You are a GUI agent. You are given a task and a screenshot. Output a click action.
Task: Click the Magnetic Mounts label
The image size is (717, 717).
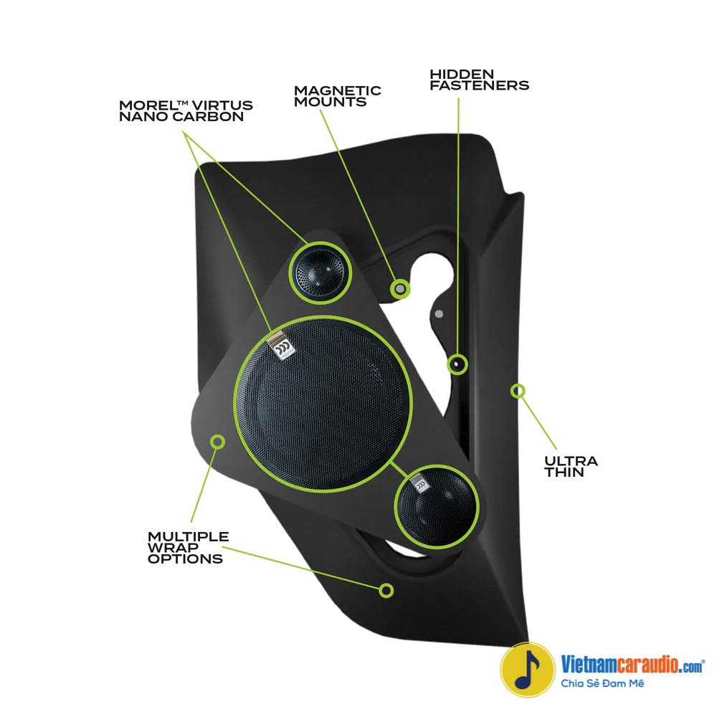(x=337, y=96)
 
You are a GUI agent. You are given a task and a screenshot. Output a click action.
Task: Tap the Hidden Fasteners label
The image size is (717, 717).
(x=479, y=80)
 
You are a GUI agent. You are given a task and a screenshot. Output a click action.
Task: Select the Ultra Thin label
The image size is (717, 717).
(x=571, y=466)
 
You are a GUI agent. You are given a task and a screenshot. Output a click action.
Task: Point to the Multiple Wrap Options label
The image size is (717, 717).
(x=188, y=547)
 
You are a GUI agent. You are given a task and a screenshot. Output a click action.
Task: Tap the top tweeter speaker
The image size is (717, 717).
(x=320, y=273)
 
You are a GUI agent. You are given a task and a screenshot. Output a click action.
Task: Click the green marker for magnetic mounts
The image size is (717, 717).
(x=400, y=288)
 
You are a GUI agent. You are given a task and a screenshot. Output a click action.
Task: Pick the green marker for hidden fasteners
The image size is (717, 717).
(x=457, y=364)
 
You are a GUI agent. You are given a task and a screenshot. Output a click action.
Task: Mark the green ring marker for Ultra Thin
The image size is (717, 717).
(x=518, y=391)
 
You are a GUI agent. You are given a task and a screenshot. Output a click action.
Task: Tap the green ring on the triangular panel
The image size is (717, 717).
(x=217, y=440)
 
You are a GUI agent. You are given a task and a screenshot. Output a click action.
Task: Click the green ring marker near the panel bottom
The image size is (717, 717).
(x=386, y=590)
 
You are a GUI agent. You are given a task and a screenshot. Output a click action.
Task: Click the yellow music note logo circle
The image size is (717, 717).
(x=528, y=670)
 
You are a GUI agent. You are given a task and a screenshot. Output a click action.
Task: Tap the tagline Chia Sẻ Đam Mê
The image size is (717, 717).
(x=603, y=683)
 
